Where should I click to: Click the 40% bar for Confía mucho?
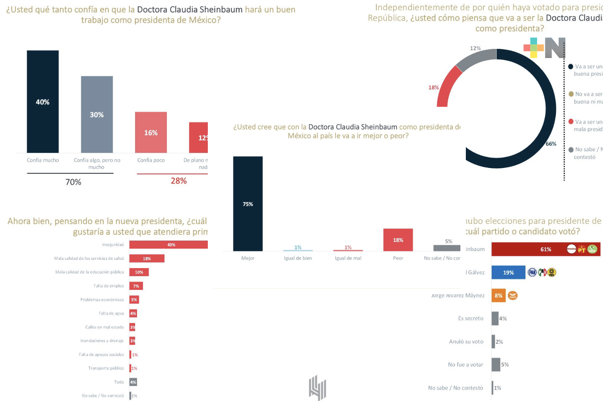pyautogui.click(x=43, y=102)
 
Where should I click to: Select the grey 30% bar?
pyautogui.click(x=97, y=114)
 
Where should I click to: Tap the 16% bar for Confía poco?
pyautogui.click(x=151, y=132)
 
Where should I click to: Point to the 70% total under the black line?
pyautogui.click(x=73, y=182)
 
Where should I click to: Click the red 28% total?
pyautogui.click(x=179, y=181)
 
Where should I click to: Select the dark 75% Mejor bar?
pyautogui.click(x=248, y=203)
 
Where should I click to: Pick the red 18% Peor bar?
pyautogui.click(x=398, y=240)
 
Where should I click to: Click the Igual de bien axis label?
pyautogui.click(x=298, y=258)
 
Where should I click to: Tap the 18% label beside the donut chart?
pyautogui.click(x=433, y=88)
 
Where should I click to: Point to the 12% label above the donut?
pyautogui.click(x=475, y=48)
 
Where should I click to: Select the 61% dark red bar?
pyautogui.click(x=545, y=249)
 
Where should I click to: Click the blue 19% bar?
pyautogui.click(x=508, y=272)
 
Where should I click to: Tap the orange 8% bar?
pyautogui.click(x=498, y=295)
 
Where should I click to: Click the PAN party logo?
pyautogui.click(x=532, y=272)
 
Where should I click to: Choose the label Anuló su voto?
pyautogui.click(x=466, y=341)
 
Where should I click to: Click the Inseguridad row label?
pyautogui.click(x=112, y=245)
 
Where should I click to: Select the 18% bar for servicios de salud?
pyautogui.click(x=147, y=259)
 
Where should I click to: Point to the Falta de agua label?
pyautogui.click(x=111, y=313)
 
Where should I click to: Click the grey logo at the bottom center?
pyautogui.click(x=317, y=387)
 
